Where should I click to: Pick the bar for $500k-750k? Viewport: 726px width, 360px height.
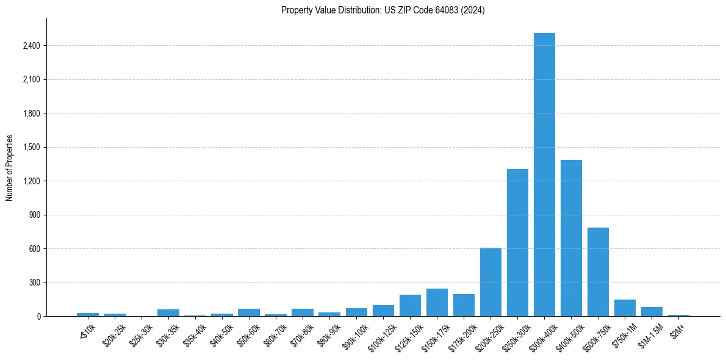tap(598, 272)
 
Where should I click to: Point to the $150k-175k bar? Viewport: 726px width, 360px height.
tap(437, 303)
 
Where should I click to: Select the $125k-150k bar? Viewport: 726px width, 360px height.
tap(410, 306)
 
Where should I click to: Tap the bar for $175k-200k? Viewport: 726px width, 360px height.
tap(464, 305)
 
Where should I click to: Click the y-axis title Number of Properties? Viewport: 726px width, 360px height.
tap(10, 168)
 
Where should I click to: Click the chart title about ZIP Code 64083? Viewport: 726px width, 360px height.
tap(383, 10)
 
